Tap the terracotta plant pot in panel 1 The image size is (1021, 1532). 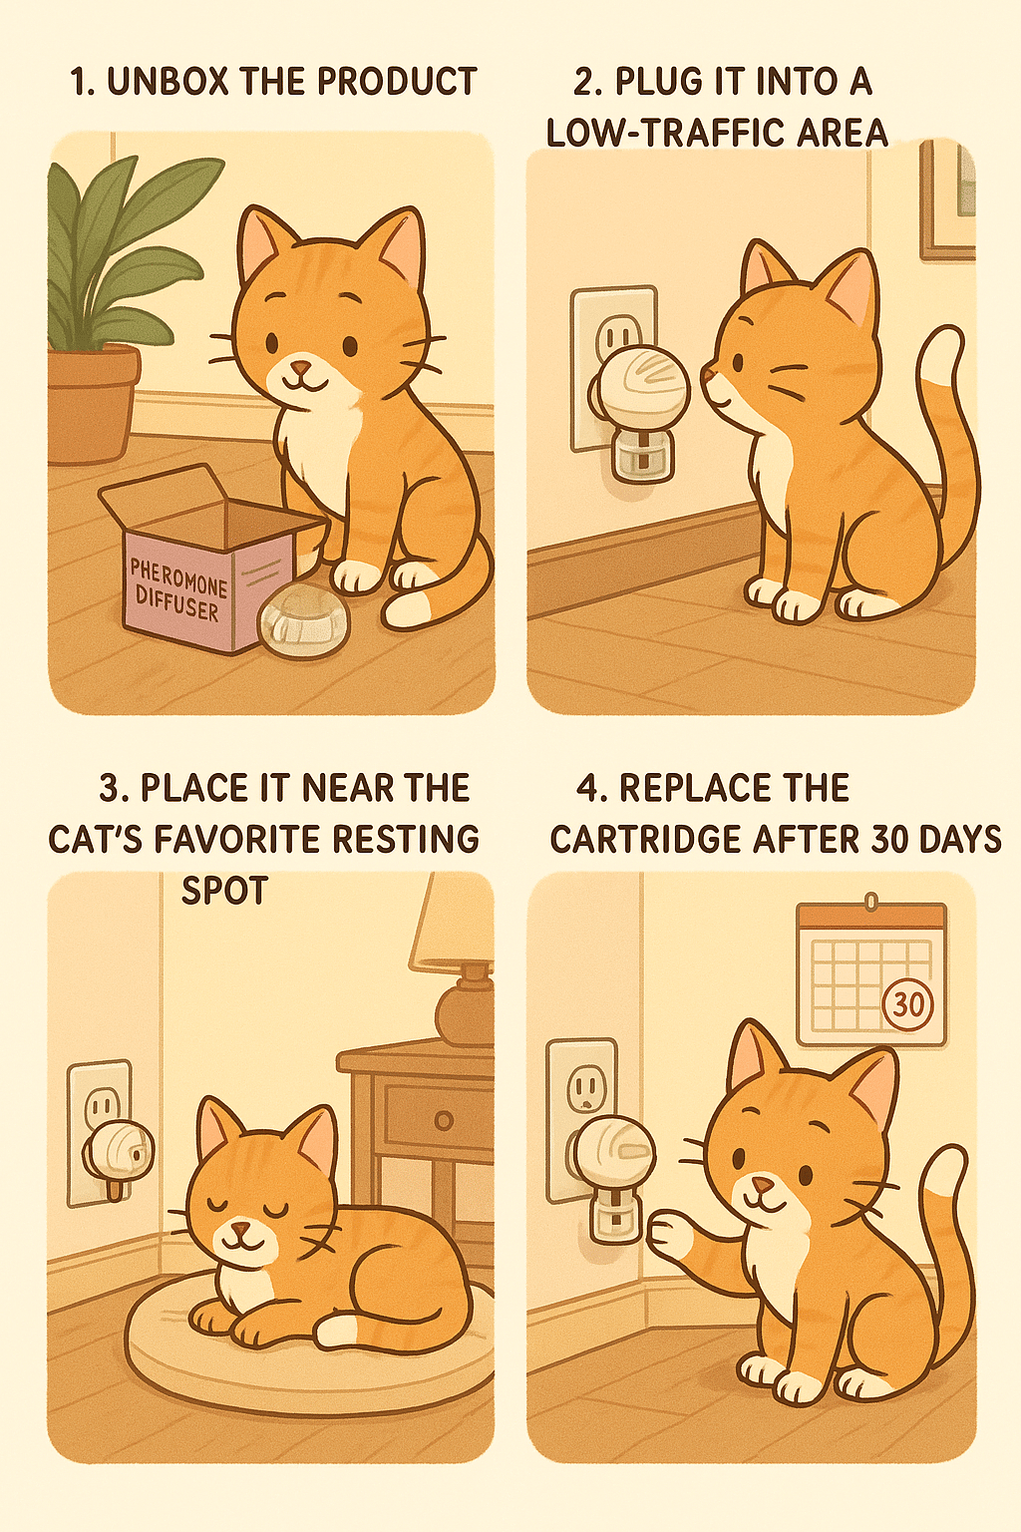(92, 404)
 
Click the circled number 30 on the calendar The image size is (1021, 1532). (907, 1003)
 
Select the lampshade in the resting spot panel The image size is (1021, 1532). (454, 923)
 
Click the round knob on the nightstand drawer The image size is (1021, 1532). (444, 1120)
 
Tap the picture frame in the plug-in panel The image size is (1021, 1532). (946, 199)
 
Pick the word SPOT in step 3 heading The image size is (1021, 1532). (224, 890)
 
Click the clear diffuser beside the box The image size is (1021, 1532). (305, 619)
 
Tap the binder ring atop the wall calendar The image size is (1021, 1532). (871, 902)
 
